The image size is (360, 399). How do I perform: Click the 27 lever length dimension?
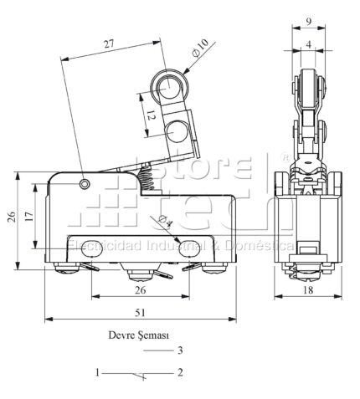110,44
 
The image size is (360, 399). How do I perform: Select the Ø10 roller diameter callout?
200,48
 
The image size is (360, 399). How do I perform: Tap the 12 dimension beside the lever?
151,115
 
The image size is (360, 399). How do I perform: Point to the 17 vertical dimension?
29,217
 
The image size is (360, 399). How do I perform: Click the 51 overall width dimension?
140,313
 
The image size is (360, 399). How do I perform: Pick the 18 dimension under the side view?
308,290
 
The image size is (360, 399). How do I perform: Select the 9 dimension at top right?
309,22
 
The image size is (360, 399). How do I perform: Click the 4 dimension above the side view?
308,44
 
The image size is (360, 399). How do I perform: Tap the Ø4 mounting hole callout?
166,221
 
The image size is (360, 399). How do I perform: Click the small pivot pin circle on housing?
85,184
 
